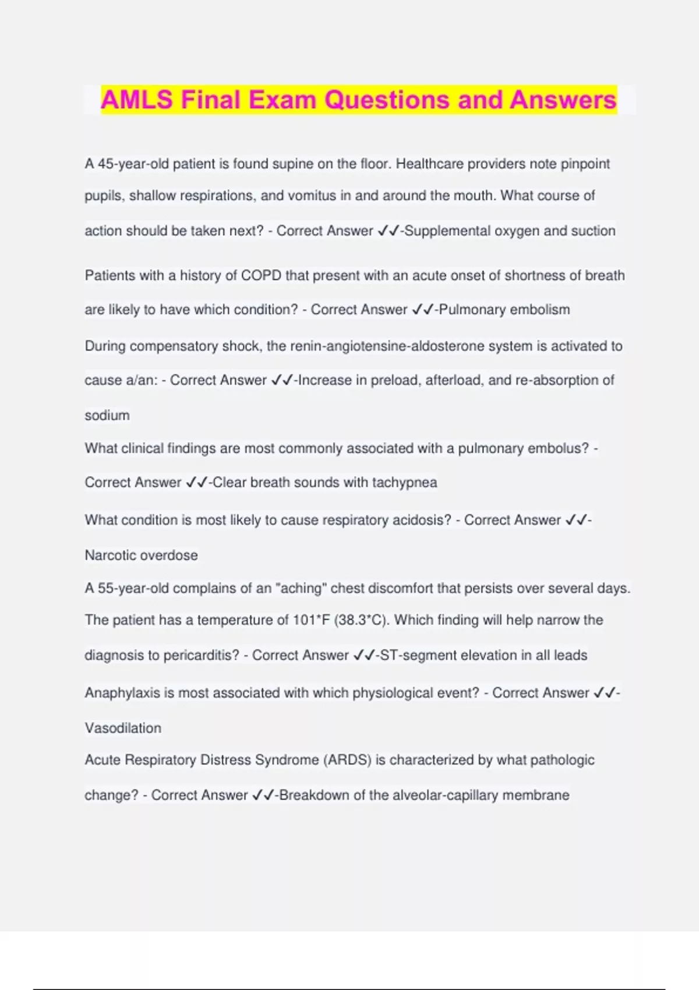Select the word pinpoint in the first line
click(x=585, y=164)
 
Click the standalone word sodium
click(x=107, y=416)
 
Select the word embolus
click(x=558, y=448)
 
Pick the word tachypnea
click(x=404, y=483)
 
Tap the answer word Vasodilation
click(x=123, y=729)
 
